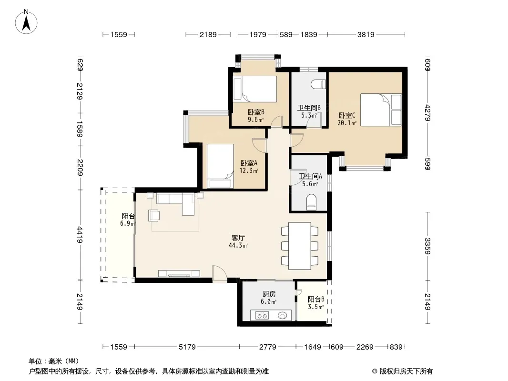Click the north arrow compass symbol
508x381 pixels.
coord(26,22)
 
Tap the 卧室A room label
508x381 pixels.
coord(248,163)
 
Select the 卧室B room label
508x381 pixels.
coord(256,112)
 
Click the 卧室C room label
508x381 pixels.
coord(346,116)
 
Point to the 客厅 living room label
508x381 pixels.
coord(238,238)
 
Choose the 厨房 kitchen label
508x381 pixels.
coord(269,294)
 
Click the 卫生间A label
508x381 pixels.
coord(310,176)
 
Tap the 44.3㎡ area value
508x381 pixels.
coord(238,246)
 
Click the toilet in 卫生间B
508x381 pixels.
coord(318,84)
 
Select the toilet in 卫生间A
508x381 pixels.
coord(311,202)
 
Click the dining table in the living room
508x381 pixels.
coord(300,246)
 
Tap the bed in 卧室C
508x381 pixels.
coord(381,110)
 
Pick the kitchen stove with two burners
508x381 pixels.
coord(262,315)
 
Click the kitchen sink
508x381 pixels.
coord(282,315)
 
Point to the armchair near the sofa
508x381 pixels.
coord(154,215)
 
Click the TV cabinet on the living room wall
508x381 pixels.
coord(179,273)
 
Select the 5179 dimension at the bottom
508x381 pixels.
coord(187,347)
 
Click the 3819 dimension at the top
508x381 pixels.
coord(366,35)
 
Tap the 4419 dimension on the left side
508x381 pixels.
coord(80,235)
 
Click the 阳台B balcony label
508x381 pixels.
coord(316,300)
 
